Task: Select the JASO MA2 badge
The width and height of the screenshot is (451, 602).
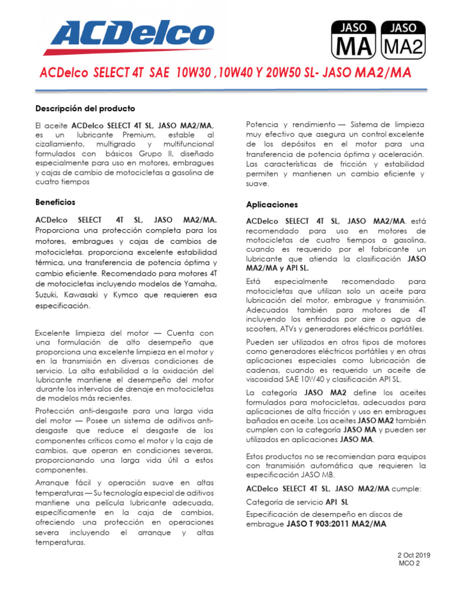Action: [x=403, y=40]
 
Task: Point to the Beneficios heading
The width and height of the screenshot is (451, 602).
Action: [x=55, y=202]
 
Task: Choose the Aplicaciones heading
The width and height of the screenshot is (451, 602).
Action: [x=272, y=205]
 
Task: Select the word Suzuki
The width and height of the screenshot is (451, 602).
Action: [x=46, y=295]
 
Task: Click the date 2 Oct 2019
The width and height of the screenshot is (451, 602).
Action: [x=414, y=555]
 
